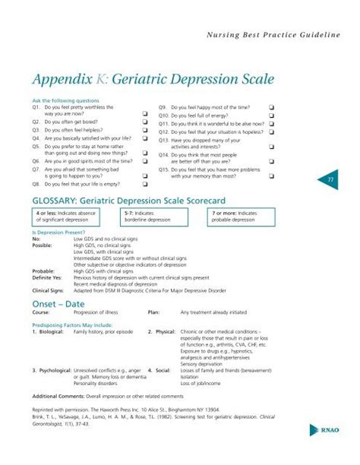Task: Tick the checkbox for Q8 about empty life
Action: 144,185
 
